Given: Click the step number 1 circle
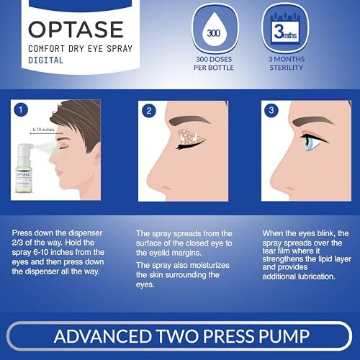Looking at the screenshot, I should pyautogui.click(x=21, y=110).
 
